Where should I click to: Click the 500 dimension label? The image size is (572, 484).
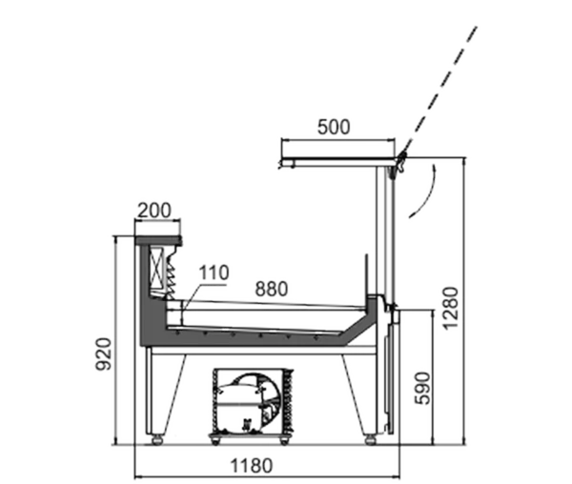coord(334,128)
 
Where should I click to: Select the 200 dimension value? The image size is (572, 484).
coord(154,211)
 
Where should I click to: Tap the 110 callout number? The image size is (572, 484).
coord(214,272)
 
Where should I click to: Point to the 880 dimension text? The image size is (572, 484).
coord(272,289)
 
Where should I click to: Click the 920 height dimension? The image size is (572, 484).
coord(104,354)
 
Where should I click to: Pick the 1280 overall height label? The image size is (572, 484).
coord(450,309)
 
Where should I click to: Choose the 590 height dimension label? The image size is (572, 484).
coord(422,388)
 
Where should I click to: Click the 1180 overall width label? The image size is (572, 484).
coord(252,465)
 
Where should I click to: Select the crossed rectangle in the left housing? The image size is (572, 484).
coord(157,266)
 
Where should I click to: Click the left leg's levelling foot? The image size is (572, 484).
coord(157,439)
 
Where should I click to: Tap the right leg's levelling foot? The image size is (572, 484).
coord(370,439)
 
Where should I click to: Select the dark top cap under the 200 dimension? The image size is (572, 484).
coord(158,240)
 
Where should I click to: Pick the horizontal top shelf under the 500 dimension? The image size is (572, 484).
coord(337,162)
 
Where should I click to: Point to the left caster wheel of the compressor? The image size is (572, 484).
coord(215,440)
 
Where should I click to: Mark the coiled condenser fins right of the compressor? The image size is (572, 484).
coord(288,400)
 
